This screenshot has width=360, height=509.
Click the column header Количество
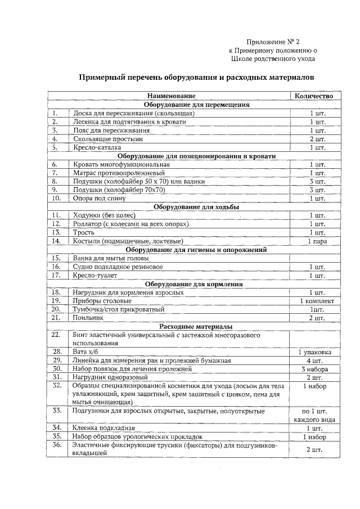pyautogui.click(x=314, y=96)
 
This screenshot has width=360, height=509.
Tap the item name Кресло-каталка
pyautogui.click(x=97, y=147)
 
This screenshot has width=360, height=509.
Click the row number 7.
pyautogui.click(x=56, y=173)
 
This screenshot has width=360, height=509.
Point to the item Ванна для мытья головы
pyautogui.click(x=109, y=258)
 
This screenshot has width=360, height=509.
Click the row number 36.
pyautogui.click(x=56, y=445)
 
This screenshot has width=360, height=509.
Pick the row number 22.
pyautogui.click(x=56, y=335)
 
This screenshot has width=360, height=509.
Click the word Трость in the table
pyautogui.click(x=84, y=232)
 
